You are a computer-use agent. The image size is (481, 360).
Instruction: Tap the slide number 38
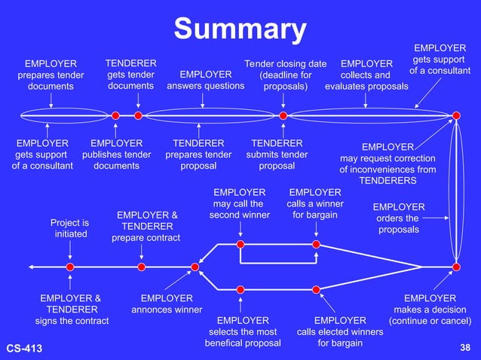tap(464, 347)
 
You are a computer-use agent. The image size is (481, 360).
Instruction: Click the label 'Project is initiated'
tap(69, 228)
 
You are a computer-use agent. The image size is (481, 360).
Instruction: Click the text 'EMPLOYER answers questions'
tap(205, 80)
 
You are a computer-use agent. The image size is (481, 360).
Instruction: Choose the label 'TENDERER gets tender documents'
tap(130, 75)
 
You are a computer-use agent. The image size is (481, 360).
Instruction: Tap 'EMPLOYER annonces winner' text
tap(167, 304)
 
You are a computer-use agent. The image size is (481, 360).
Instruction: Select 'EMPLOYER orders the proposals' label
tap(399, 218)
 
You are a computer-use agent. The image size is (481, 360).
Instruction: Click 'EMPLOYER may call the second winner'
tap(240, 203)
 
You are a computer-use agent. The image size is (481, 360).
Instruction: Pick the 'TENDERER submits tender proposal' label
tap(277, 154)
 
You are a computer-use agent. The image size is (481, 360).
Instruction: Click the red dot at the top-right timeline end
tap(456, 115)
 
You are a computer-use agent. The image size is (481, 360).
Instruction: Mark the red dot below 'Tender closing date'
tap(283, 115)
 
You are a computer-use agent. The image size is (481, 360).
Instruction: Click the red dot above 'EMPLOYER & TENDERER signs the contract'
tap(70, 267)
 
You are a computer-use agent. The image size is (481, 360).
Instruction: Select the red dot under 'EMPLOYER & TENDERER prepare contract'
tap(142, 267)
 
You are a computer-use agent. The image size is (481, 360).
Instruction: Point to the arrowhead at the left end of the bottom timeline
tap(31, 267)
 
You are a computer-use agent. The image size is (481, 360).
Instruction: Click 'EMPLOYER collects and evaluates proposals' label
tap(366, 75)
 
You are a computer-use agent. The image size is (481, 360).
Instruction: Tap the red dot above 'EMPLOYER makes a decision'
tap(456, 267)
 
